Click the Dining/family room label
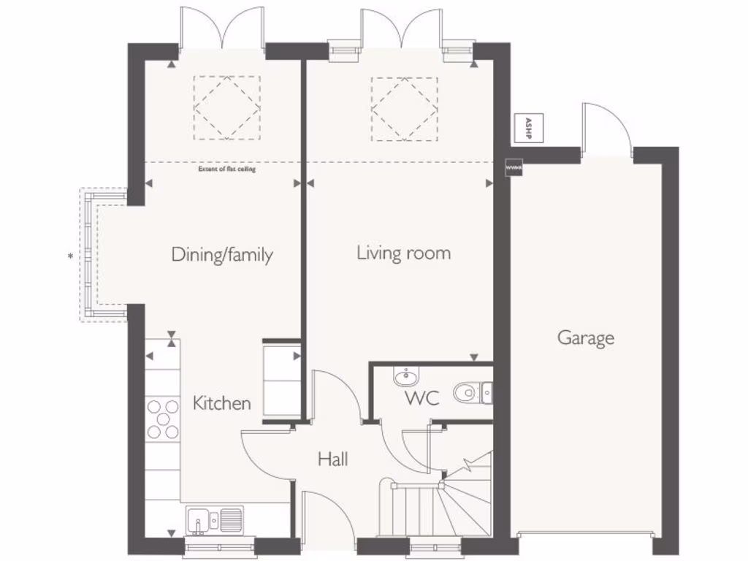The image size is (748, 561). point(222,255)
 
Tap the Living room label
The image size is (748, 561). point(403,253)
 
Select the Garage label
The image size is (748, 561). point(586,338)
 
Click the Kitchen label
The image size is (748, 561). point(222,402)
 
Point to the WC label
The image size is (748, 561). point(421,399)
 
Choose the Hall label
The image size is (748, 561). point(332,459)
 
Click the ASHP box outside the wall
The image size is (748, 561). point(524,129)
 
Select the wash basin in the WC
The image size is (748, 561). point(406,377)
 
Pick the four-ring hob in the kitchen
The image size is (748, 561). point(163,419)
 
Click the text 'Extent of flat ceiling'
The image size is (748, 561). point(227,169)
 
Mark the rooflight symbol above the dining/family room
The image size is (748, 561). point(226,108)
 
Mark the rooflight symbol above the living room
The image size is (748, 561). point(405,109)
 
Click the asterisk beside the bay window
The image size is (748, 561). point(70,256)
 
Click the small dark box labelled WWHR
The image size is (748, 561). point(514,169)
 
